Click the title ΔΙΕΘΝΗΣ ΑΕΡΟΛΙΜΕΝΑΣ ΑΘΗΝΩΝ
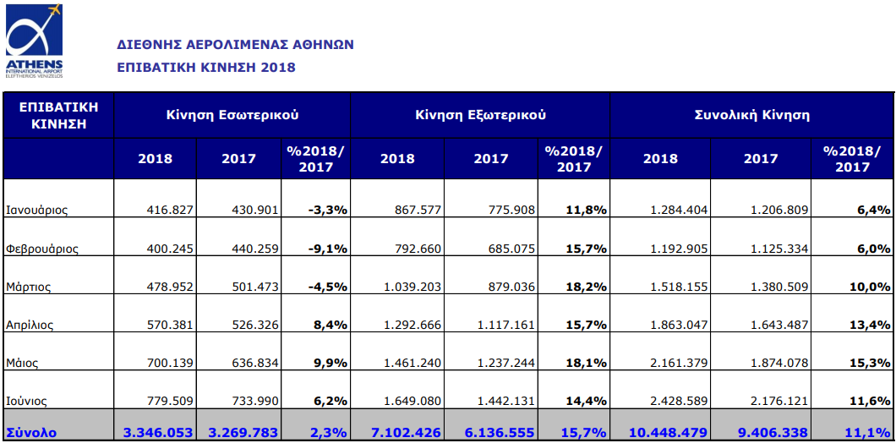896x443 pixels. [x=235, y=45]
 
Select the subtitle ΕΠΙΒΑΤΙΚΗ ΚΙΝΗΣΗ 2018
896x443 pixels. [x=205, y=67]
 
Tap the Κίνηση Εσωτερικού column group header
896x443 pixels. [x=232, y=115]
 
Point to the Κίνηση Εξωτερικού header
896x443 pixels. [x=480, y=115]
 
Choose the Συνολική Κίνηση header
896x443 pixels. [x=751, y=115]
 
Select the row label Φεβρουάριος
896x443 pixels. [x=42, y=249]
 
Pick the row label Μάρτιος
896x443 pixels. [x=29, y=287]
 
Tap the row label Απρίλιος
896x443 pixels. [x=30, y=325]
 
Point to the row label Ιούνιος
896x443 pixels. [x=27, y=401]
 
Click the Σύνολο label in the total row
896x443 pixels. [x=31, y=432]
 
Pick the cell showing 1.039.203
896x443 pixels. [x=412, y=287]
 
